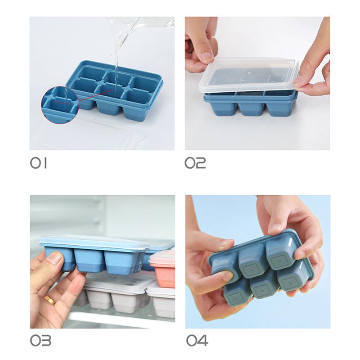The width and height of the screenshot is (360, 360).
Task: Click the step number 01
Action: [38, 163]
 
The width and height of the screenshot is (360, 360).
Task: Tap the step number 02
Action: [195, 163]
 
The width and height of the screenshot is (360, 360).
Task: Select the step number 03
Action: [40, 340]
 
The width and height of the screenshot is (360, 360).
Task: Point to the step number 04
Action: [197, 340]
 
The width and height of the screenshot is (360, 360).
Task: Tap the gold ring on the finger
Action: [50, 300]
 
